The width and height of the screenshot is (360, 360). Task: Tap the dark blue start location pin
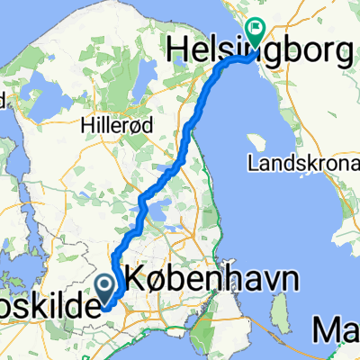105,287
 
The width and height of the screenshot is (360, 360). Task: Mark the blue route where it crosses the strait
232,62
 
